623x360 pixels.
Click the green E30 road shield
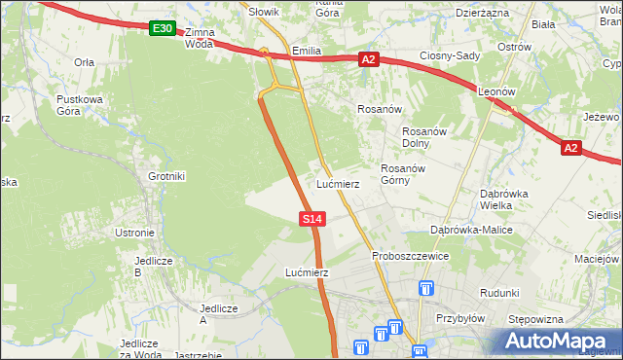(163, 29)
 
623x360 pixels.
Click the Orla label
(85, 61)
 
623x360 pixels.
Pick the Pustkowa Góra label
(79, 105)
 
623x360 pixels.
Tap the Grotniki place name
(165, 176)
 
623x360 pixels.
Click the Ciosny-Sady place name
(450, 55)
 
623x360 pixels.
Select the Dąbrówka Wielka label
(503, 198)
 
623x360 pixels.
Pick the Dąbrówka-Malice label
(471, 230)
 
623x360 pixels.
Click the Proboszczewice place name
(410, 256)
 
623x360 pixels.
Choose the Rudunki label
(499, 293)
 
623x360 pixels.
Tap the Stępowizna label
(536, 319)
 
